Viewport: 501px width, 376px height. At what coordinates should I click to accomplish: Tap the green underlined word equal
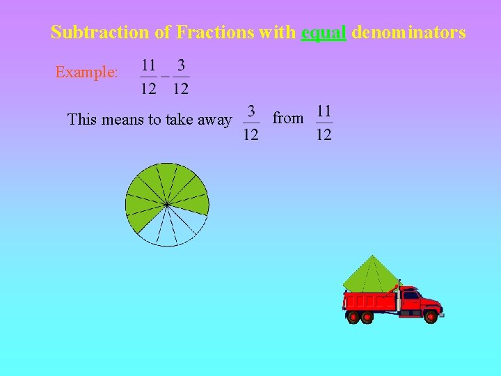click(324, 33)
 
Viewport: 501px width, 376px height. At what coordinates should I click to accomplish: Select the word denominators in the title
click(408, 32)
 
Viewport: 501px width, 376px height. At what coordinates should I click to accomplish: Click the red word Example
click(86, 72)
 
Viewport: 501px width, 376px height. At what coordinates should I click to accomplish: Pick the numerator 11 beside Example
click(149, 65)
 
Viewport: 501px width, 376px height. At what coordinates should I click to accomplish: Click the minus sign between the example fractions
click(165, 76)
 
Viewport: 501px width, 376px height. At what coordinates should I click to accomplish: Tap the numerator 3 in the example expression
click(181, 65)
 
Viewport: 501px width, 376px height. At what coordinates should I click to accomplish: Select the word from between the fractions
click(287, 118)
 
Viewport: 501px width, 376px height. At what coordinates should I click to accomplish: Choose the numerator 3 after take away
click(251, 111)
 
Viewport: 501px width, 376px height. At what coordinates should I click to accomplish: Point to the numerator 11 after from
click(324, 111)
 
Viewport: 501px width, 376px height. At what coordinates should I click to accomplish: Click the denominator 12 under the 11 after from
click(324, 134)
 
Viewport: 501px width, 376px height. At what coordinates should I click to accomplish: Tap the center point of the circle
click(167, 204)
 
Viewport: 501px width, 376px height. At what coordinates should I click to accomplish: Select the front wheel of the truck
click(431, 318)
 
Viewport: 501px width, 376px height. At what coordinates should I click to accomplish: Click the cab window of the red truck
click(411, 295)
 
